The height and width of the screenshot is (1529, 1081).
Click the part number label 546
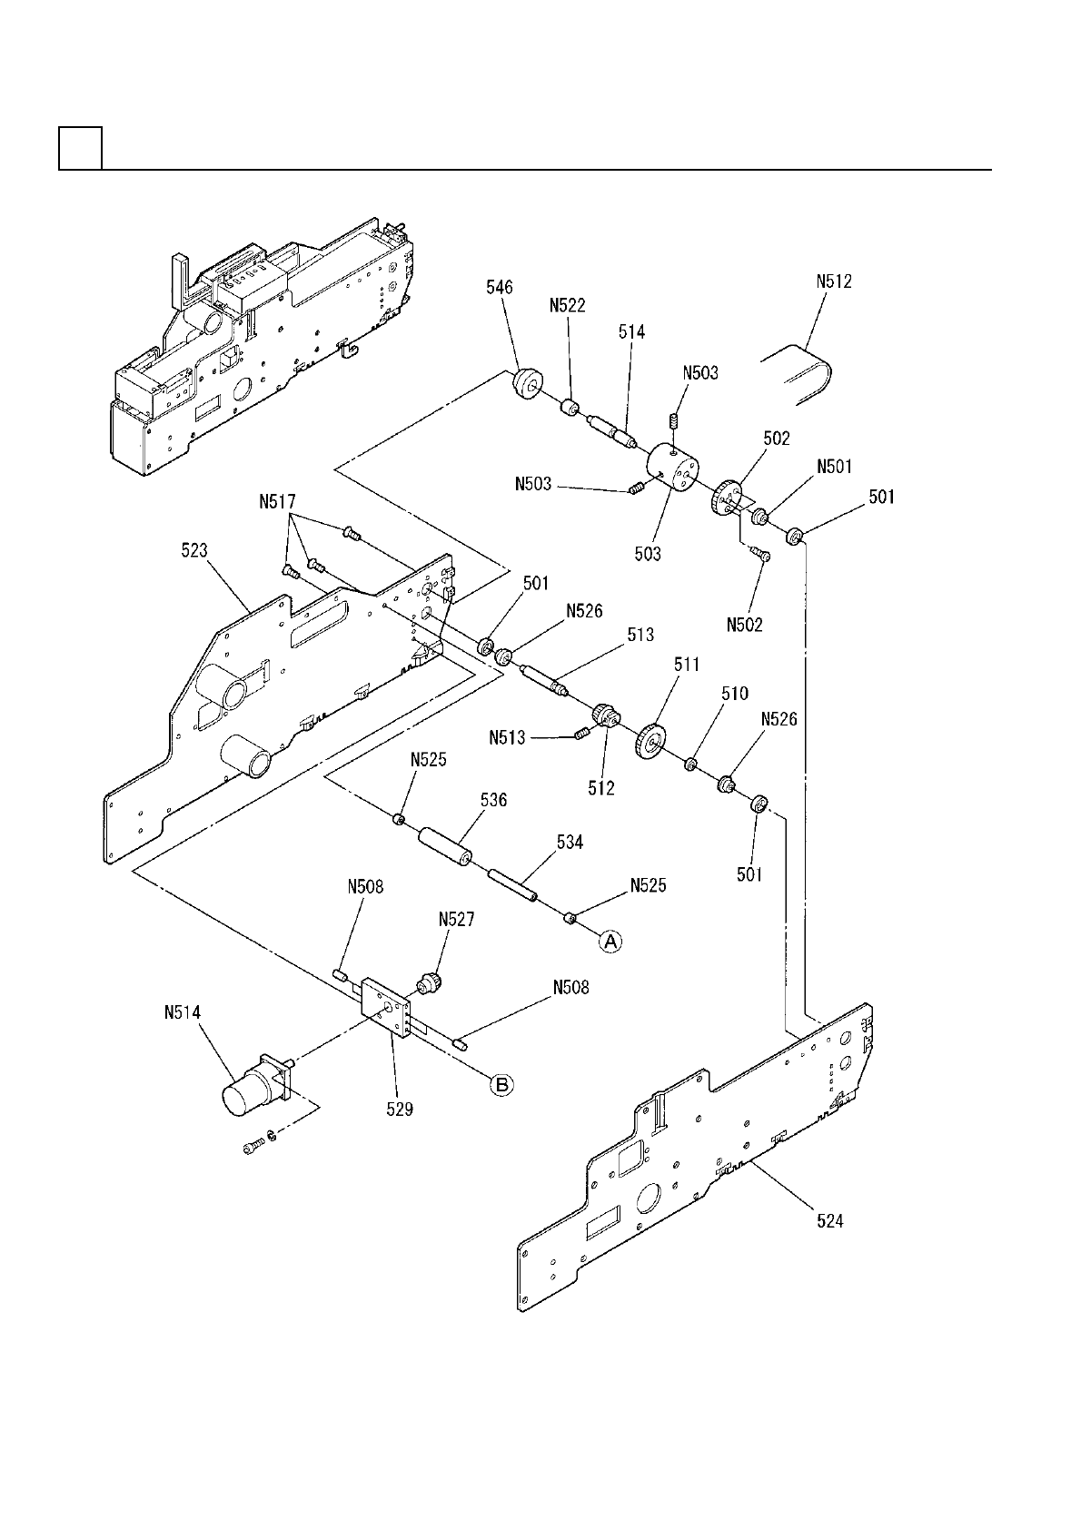point(499,288)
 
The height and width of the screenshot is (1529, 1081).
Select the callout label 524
point(829,1222)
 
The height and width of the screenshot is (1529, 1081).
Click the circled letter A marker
point(610,942)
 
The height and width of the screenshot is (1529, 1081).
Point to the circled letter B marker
point(501,1083)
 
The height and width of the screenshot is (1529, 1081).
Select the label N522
point(569,306)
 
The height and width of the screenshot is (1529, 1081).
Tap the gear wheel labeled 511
point(650,740)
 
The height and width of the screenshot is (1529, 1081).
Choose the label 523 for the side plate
point(194,550)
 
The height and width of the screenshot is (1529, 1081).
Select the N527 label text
point(456,919)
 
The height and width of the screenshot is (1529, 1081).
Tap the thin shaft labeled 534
point(513,886)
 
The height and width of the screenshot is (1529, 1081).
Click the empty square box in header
point(80,148)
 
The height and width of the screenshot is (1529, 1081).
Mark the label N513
point(507,738)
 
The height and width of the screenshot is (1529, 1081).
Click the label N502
point(745,625)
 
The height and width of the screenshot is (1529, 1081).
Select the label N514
point(183,1012)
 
